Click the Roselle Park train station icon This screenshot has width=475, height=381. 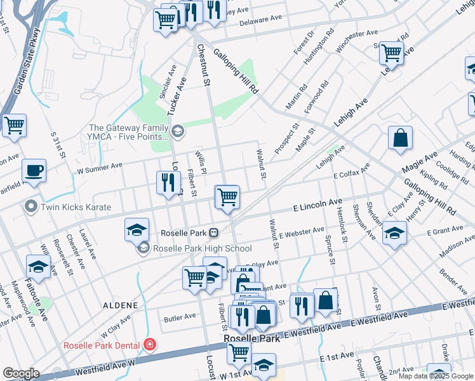point(215,233)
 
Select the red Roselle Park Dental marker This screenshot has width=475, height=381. point(149,345)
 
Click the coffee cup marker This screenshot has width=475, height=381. point(34,171)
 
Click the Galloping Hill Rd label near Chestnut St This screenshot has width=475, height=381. point(236,71)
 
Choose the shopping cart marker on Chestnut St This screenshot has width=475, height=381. point(227,197)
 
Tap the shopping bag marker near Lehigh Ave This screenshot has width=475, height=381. point(401,138)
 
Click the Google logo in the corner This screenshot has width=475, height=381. point(21,373)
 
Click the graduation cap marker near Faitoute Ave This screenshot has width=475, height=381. point(38,267)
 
